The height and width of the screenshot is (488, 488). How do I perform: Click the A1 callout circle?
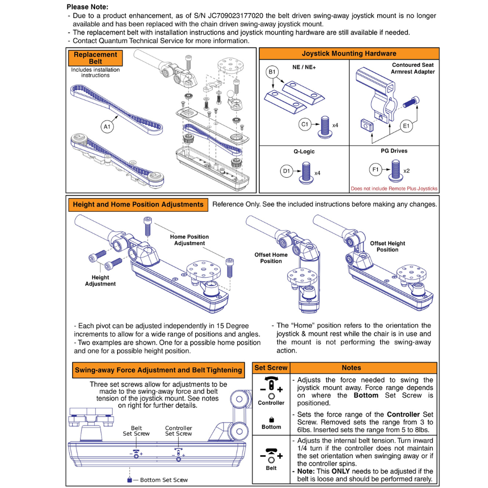pos(107,127)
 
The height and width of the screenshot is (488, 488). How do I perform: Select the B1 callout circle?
pos(272,72)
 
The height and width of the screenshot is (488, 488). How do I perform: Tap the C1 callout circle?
pos(305,125)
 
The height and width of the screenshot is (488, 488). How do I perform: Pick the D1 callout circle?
pos(286,171)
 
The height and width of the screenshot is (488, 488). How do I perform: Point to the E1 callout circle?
pos(405,126)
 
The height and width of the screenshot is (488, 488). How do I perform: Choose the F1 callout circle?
pos(375,170)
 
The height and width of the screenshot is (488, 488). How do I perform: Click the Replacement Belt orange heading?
pos(96,58)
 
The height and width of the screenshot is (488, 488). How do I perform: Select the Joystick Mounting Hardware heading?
pos(349,54)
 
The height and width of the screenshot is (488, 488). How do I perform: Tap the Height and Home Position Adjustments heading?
pos(138,204)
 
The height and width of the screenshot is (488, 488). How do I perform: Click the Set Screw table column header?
pos(271,367)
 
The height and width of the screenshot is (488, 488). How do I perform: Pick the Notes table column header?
pos(351,367)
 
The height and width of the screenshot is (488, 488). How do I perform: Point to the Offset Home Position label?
pos(271,258)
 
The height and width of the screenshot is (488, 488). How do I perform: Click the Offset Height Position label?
pos(387,246)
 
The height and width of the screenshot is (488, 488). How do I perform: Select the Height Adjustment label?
pos(100,281)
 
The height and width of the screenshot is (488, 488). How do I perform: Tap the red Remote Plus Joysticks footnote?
pos(394,189)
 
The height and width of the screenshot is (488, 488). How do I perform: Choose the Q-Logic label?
pos(304,151)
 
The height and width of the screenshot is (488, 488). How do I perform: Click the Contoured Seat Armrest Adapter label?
pos(412,68)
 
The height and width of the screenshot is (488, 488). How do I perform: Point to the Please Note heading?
pos(87,7)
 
